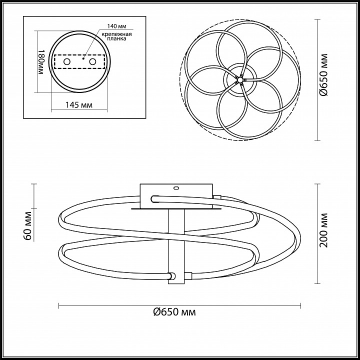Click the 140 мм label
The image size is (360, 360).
tap(116, 26)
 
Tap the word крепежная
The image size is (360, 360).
tap(117, 34)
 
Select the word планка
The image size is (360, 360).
tap(117, 38)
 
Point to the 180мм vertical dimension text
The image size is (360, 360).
tap(40, 62)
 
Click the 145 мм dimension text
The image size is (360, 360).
tap(79, 105)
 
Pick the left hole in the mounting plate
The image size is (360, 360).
tap(67, 61)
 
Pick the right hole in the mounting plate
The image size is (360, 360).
tap(93, 61)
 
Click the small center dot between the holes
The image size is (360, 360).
tap(83, 58)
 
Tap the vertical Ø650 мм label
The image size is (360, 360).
tap(323, 75)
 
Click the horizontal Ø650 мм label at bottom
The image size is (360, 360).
tap(174, 312)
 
